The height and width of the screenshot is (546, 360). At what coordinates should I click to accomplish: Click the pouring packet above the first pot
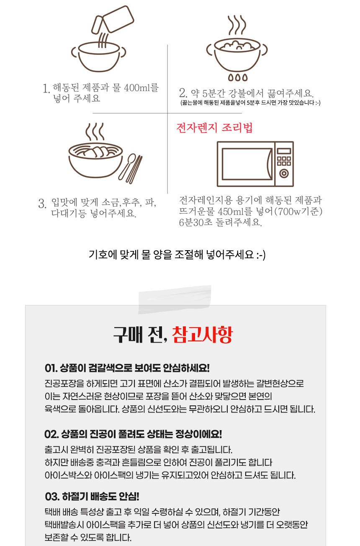point(112,20)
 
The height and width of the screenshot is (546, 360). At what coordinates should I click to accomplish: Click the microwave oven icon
point(255,164)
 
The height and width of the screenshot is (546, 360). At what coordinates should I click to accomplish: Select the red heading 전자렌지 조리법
point(215,128)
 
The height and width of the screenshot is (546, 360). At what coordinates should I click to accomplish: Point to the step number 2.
point(183,92)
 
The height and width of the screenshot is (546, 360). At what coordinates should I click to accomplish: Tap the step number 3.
point(42,204)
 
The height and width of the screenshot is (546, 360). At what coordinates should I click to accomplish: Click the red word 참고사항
point(202,334)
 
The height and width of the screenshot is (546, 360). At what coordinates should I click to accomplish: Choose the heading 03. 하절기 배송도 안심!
point(92,497)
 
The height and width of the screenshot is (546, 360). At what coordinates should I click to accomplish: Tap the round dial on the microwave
point(284,173)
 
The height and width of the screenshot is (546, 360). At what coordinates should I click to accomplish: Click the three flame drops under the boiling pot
point(237,77)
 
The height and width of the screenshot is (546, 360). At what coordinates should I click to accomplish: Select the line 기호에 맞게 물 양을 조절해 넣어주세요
point(177,254)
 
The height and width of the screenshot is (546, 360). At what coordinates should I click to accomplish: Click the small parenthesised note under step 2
point(250,103)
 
